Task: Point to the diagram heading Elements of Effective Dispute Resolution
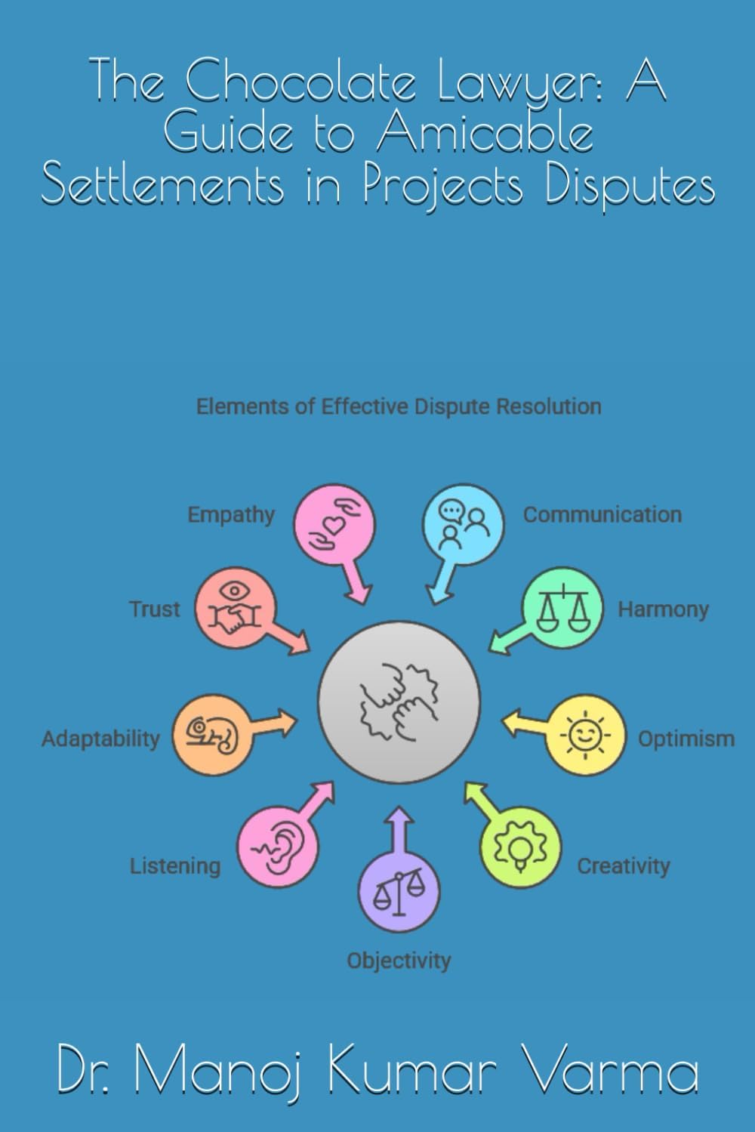pyautogui.click(x=399, y=407)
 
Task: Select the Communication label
pyautogui.click(x=602, y=515)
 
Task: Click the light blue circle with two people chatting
pyautogui.click(x=464, y=524)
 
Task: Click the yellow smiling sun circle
pyautogui.click(x=585, y=735)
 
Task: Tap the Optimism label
pyautogui.click(x=686, y=739)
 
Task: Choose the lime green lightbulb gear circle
pyautogui.click(x=520, y=847)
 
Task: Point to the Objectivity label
pyautogui.click(x=399, y=961)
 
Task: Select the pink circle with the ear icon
pyautogui.click(x=278, y=847)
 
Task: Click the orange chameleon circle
pyautogui.click(x=212, y=734)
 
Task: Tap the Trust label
pyautogui.click(x=154, y=609)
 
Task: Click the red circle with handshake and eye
pyautogui.click(x=236, y=607)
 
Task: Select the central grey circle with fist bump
pyautogui.click(x=399, y=702)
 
